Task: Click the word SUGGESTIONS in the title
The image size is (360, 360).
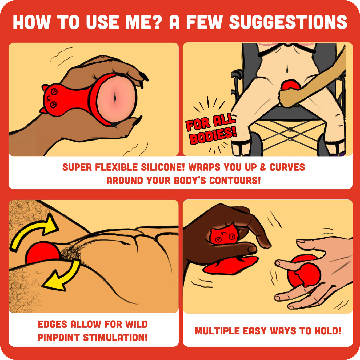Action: (288, 22)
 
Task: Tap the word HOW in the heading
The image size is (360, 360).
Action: (32, 22)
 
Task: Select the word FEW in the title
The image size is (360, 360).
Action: (205, 22)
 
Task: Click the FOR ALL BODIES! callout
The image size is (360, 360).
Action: (211, 129)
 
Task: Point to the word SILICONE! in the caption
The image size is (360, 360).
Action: (163, 167)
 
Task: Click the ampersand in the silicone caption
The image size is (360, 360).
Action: (263, 167)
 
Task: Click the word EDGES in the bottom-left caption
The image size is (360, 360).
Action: (52, 324)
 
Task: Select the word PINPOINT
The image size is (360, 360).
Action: (59, 338)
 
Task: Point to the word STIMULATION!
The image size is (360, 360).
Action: (115, 338)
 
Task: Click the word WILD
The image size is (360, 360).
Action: (136, 324)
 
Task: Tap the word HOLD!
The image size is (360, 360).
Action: (328, 331)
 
